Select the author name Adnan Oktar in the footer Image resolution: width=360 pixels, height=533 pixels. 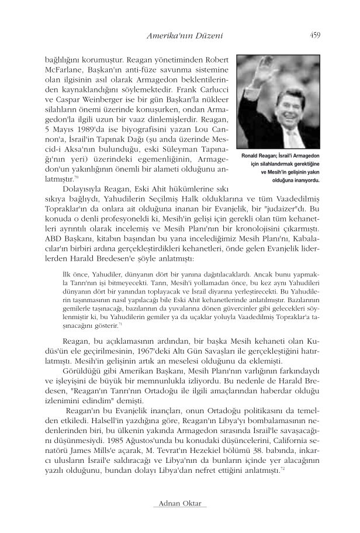pyautogui.click(x=180, y=503)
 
